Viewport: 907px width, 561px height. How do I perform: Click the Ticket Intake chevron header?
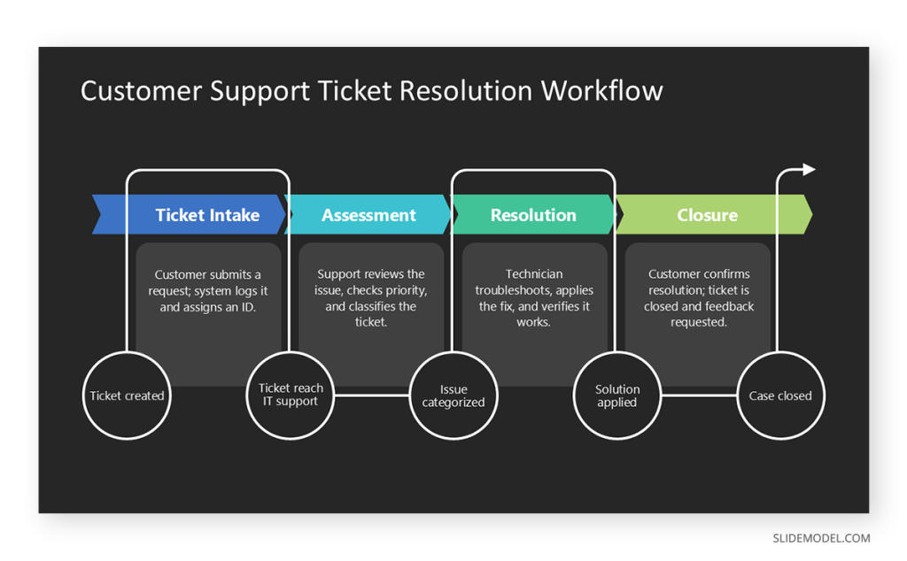(207, 215)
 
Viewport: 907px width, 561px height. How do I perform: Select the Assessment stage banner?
(368, 215)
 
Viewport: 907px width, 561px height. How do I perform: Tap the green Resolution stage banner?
(533, 215)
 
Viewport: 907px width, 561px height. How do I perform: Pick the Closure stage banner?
(707, 215)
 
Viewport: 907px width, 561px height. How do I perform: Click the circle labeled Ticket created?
(127, 396)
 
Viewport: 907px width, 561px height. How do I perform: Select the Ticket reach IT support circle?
(291, 396)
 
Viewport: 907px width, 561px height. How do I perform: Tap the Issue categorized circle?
(453, 396)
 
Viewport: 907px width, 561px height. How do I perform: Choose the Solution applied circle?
(617, 396)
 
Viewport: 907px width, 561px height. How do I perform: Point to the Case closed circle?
(780, 396)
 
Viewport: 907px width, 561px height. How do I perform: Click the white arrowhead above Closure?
(809, 170)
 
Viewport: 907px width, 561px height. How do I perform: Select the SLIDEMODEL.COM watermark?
(821, 538)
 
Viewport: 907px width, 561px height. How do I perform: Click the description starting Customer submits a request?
(208, 291)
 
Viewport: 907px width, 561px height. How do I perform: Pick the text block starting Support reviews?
(371, 298)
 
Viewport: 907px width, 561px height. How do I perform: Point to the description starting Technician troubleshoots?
(534, 298)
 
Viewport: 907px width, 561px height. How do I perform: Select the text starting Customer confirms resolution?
(699, 298)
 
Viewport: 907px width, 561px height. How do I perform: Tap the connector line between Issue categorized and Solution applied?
(535, 396)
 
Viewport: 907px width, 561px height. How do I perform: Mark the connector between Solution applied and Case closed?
(699, 396)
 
